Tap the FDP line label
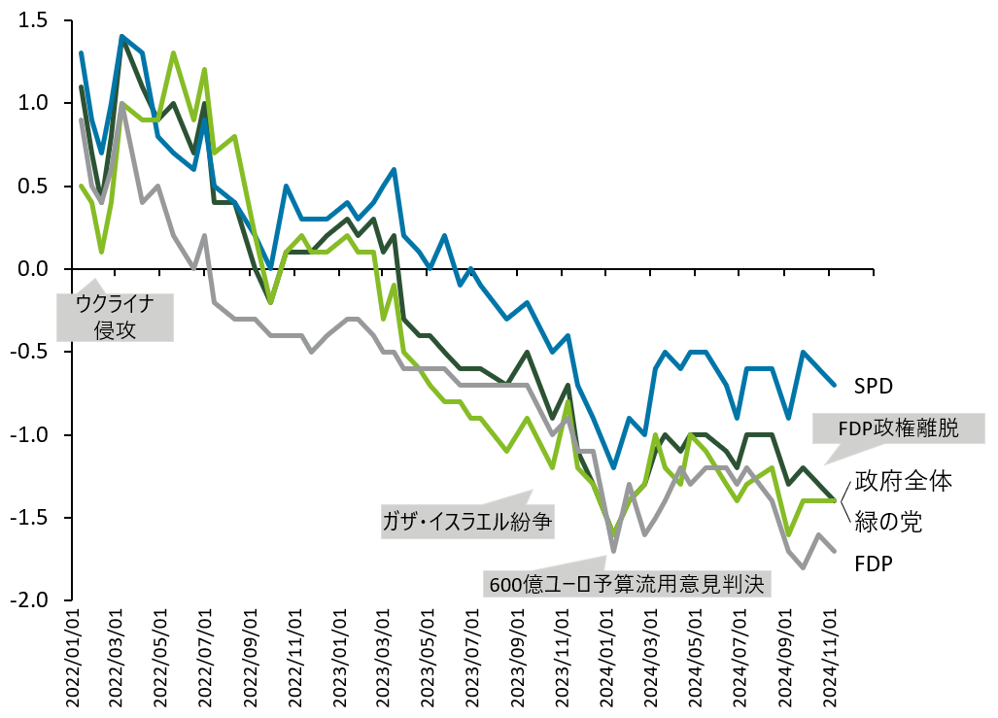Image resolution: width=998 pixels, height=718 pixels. click(x=875, y=563)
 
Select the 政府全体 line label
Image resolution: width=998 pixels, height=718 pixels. click(x=895, y=480)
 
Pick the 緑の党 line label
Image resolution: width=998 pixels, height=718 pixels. click(x=887, y=521)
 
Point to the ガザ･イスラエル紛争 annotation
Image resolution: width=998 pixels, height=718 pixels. click(x=467, y=522)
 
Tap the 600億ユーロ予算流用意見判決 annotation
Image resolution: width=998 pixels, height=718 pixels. click(x=628, y=583)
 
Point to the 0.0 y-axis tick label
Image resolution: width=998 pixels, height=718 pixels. click(x=33, y=268)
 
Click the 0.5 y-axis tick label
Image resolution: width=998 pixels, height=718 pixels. click(x=33, y=186)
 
